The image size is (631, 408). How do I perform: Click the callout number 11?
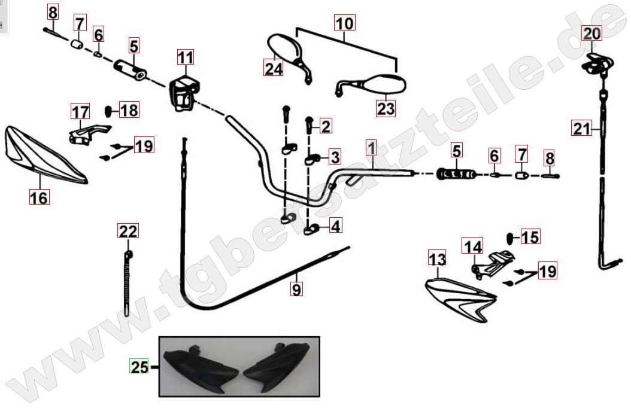tap(186, 57)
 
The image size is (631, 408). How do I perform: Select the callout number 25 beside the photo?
tap(139, 367)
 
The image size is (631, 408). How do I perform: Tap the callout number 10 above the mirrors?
tap(344, 23)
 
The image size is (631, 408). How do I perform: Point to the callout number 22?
tap(128, 231)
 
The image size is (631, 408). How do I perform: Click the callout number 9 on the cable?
tap(296, 288)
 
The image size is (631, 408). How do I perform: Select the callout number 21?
tap(581, 129)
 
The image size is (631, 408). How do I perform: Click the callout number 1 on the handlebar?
tap(371, 148)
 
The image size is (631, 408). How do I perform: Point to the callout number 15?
tap(530, 237)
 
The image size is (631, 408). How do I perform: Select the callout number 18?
tap(129, 109)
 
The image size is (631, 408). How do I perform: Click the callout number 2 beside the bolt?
tap(325, 126)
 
